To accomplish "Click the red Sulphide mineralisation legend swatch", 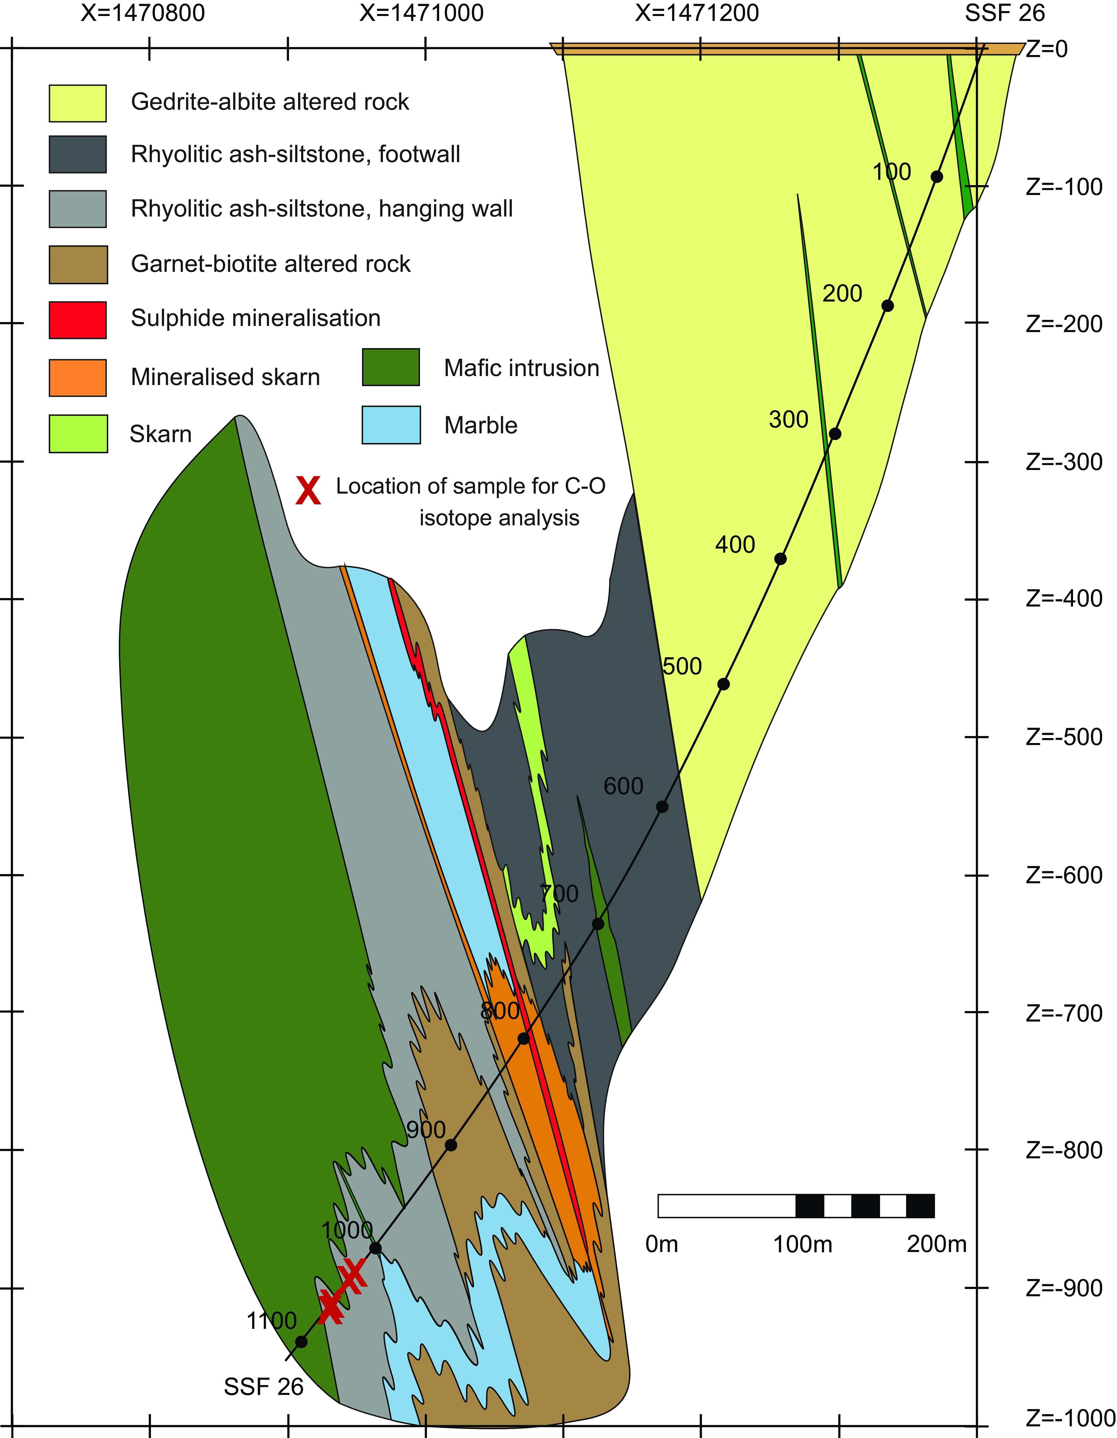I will point(78,320).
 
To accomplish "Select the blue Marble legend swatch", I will point(391,425).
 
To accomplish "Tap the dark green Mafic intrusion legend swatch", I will point(391,367).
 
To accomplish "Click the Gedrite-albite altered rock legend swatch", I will point(78,103).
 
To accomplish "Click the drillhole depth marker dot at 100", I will point(937,176).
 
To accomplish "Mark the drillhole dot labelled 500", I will point(723,684).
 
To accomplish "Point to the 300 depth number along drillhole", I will point(788,419).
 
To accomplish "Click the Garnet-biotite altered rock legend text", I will point(271,264).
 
